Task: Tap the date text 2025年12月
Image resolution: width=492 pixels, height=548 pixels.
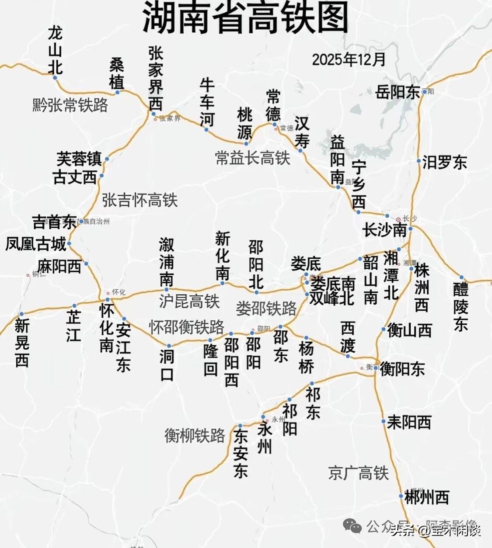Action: coord(349,59)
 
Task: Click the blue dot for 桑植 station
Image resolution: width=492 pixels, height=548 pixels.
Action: coord(117,92)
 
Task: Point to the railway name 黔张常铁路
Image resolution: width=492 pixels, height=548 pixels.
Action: coord(70,105)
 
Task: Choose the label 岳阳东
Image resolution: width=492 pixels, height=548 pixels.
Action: coord(398,93)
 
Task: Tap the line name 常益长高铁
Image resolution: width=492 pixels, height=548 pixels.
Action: coord(252,158)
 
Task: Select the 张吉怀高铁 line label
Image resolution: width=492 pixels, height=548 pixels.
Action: coord(140,200)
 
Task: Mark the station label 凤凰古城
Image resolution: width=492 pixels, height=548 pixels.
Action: coord(35,244)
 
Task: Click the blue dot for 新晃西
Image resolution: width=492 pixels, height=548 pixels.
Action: coord(21,314)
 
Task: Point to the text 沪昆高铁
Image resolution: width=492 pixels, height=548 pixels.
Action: coord(189,301)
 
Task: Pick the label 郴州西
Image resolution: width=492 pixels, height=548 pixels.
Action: coord(427,497)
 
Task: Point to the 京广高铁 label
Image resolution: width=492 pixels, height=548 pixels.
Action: coord(358,473)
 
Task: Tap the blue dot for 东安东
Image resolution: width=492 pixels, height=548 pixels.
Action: coord(240,426)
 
